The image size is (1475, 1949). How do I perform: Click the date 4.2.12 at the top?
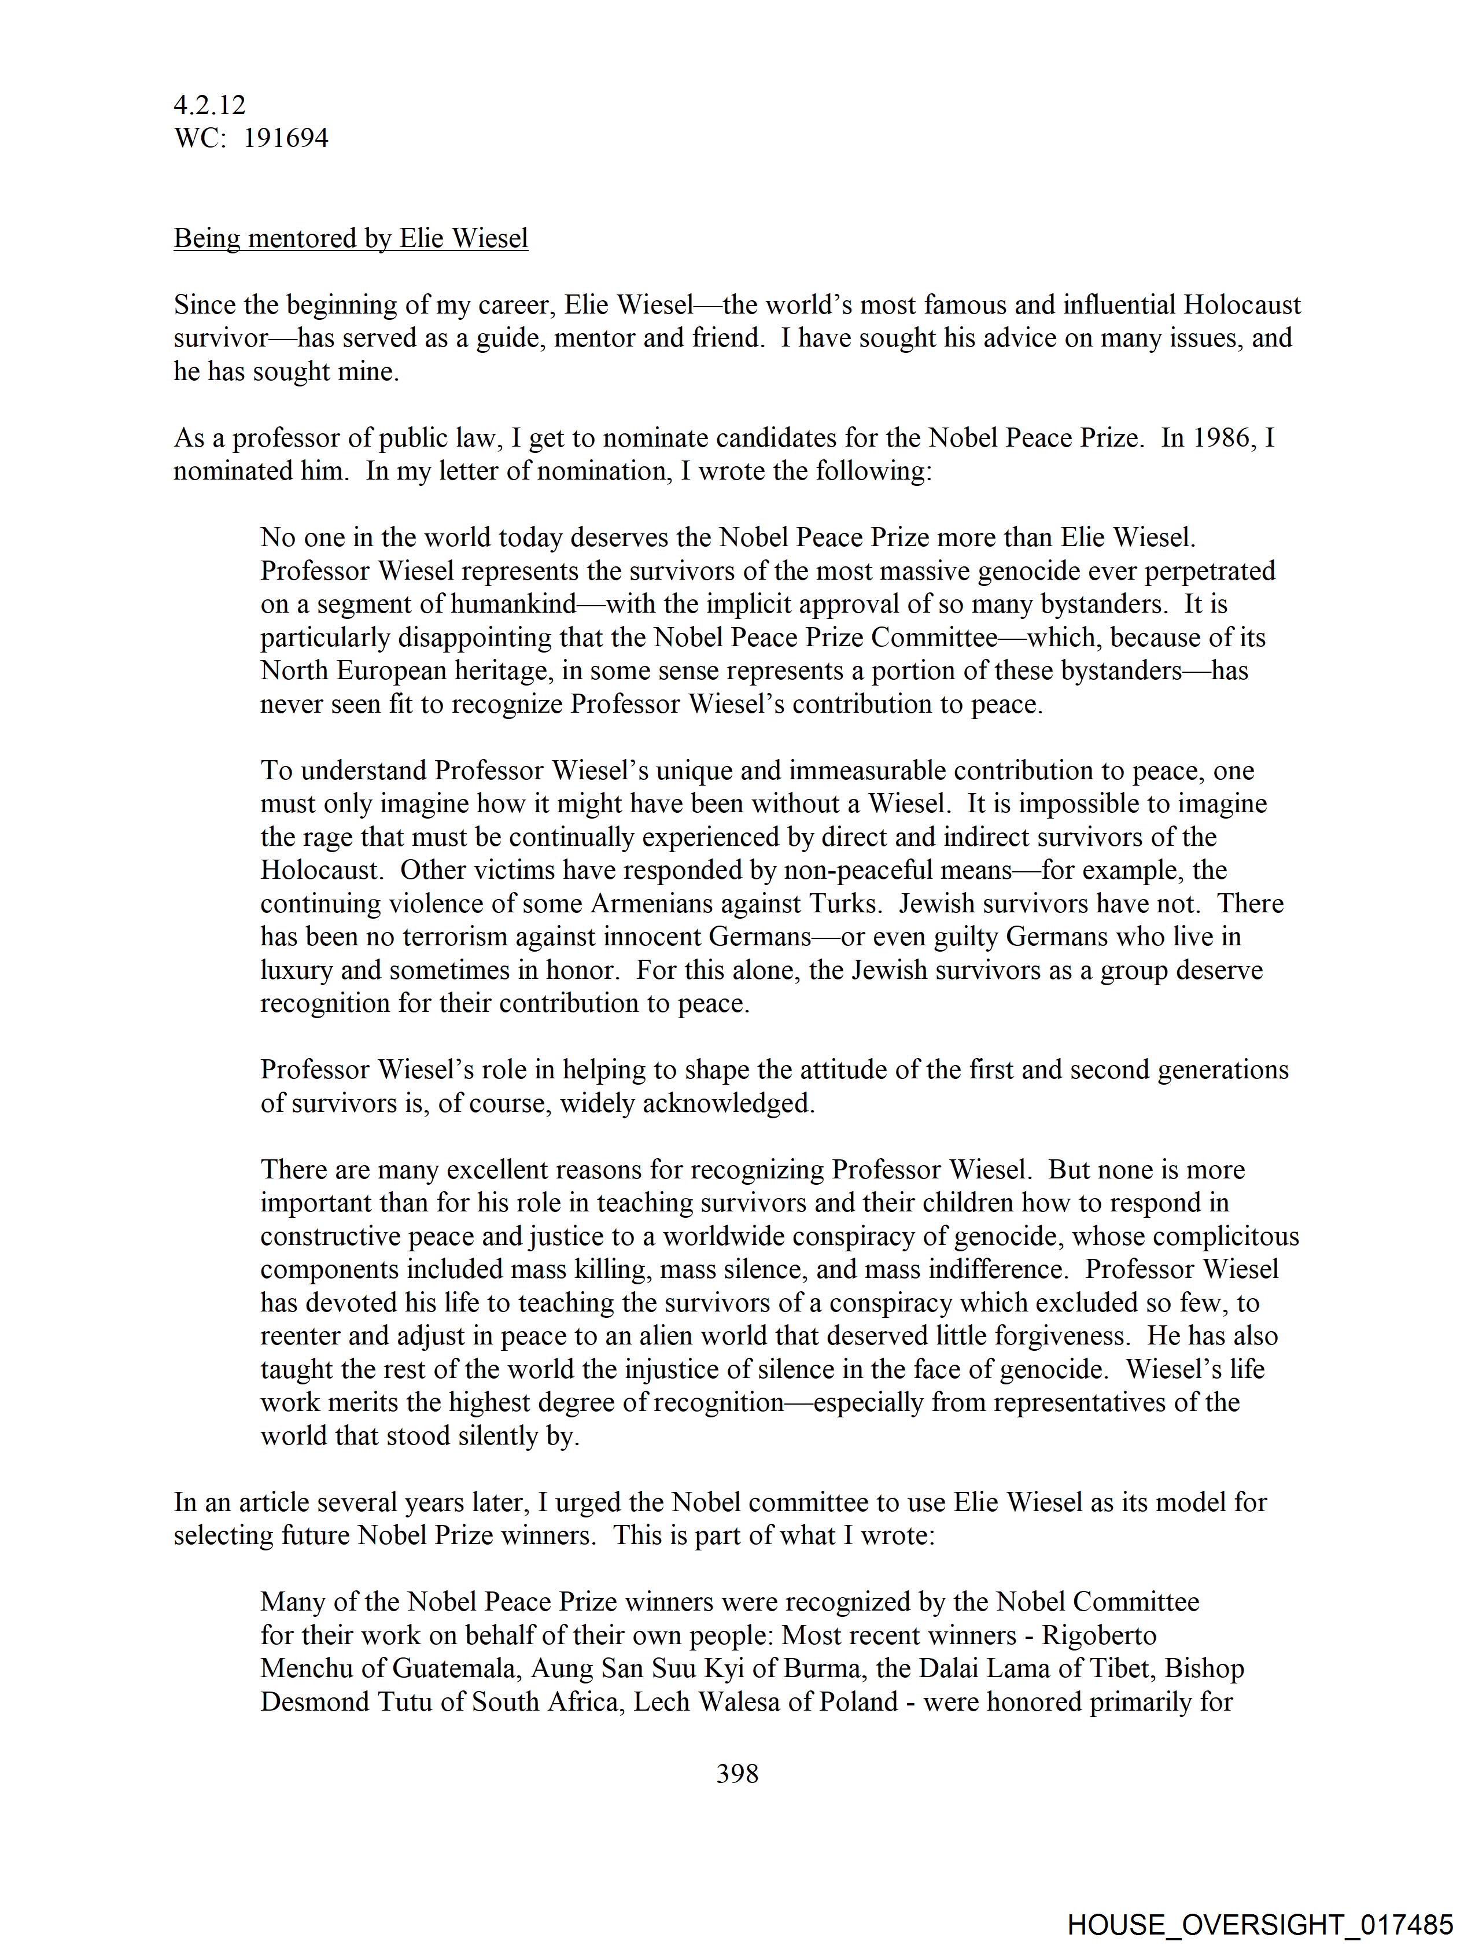tap(210, 106)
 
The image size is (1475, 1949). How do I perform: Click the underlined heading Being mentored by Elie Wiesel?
tap(351, 239)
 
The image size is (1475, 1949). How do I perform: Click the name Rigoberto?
tap(1099, 1636)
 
